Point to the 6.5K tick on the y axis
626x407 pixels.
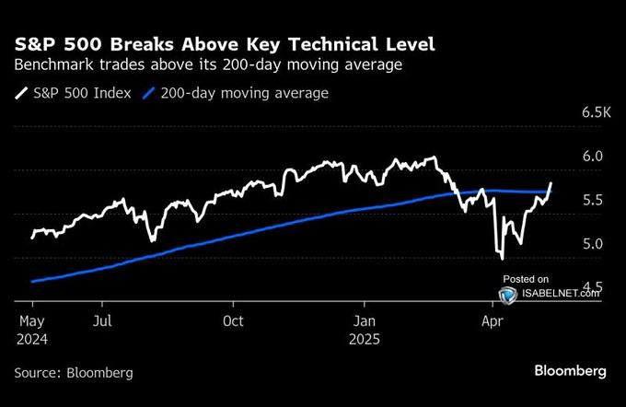597,112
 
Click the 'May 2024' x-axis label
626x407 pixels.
32,329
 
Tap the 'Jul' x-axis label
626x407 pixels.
103,321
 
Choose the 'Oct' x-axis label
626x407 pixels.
234,321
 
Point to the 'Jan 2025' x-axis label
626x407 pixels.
365,329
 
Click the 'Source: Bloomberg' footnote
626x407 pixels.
74,373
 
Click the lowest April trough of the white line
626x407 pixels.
502,258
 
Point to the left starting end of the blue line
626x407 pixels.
32,282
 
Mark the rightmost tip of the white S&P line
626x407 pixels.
551,183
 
